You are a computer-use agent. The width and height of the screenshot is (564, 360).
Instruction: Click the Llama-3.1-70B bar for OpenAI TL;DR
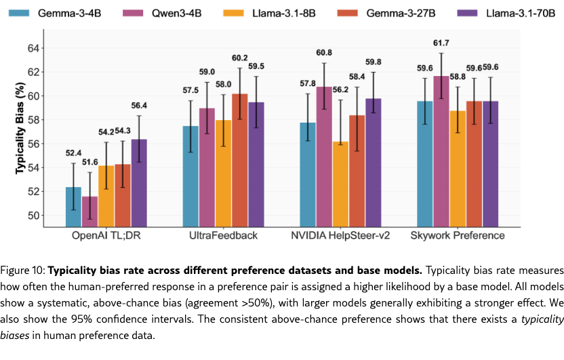click(x=139, y=183)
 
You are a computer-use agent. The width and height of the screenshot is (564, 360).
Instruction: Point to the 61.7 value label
click(x=441, y=43)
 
